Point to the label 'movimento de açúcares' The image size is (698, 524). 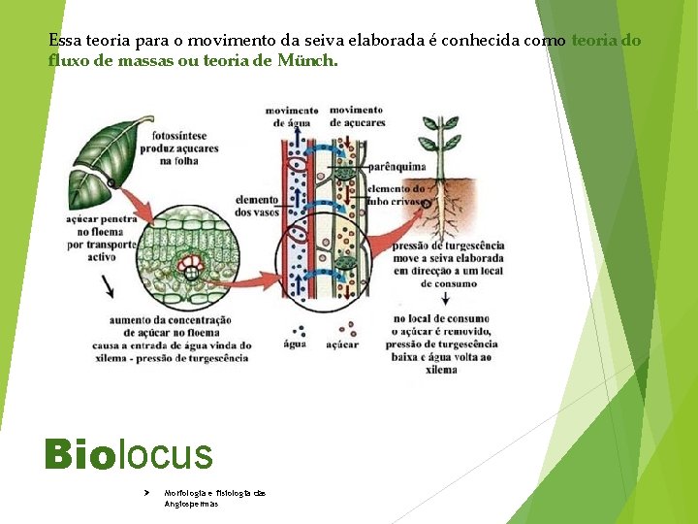tap(357, 116)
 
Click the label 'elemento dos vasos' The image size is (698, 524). tap(256, 206)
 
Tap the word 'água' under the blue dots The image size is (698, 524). tap(295, 344)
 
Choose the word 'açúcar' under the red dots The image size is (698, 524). tap(342, 344)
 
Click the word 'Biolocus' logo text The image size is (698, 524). tap(127, 454)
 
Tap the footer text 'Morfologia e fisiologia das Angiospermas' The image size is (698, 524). tap(214, 498)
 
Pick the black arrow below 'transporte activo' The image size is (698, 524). tap(109, 285)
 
